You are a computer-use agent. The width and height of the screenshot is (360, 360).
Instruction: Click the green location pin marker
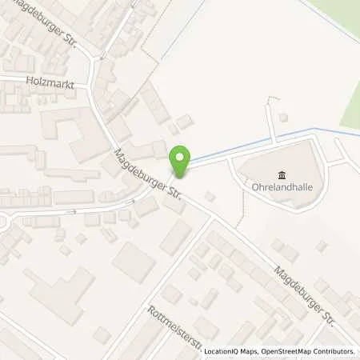182,163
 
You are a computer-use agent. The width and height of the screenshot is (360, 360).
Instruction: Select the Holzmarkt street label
43,80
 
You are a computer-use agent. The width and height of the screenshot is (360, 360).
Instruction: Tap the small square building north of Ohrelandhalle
283,118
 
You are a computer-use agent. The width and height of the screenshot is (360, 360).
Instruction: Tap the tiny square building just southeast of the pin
210,196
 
